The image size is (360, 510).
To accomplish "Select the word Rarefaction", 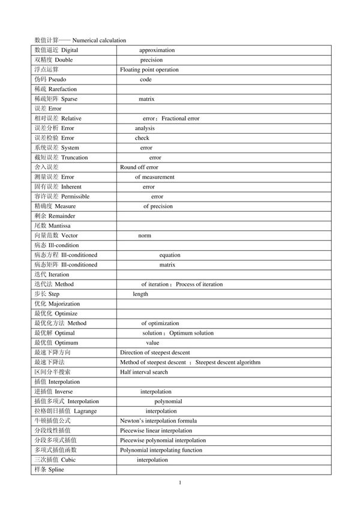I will click(x=62, y=89).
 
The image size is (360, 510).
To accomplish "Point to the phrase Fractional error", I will click(x=181, y=118).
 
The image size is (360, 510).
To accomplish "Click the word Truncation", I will click(x=74, y=157).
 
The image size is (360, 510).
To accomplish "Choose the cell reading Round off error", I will click(x=139, y=167).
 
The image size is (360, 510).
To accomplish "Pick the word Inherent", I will click(x=71, y=187).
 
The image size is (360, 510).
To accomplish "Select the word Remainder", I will click(x=62, y=216).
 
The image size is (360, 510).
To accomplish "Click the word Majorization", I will click(x=64, y=304).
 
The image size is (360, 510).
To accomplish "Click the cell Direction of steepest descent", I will click(x=155, y=353).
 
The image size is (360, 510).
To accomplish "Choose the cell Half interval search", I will click(x=144, y=372).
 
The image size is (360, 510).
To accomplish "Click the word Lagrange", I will click(x=85, y=411).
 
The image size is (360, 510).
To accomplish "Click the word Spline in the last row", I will click(x=56, y=470).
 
